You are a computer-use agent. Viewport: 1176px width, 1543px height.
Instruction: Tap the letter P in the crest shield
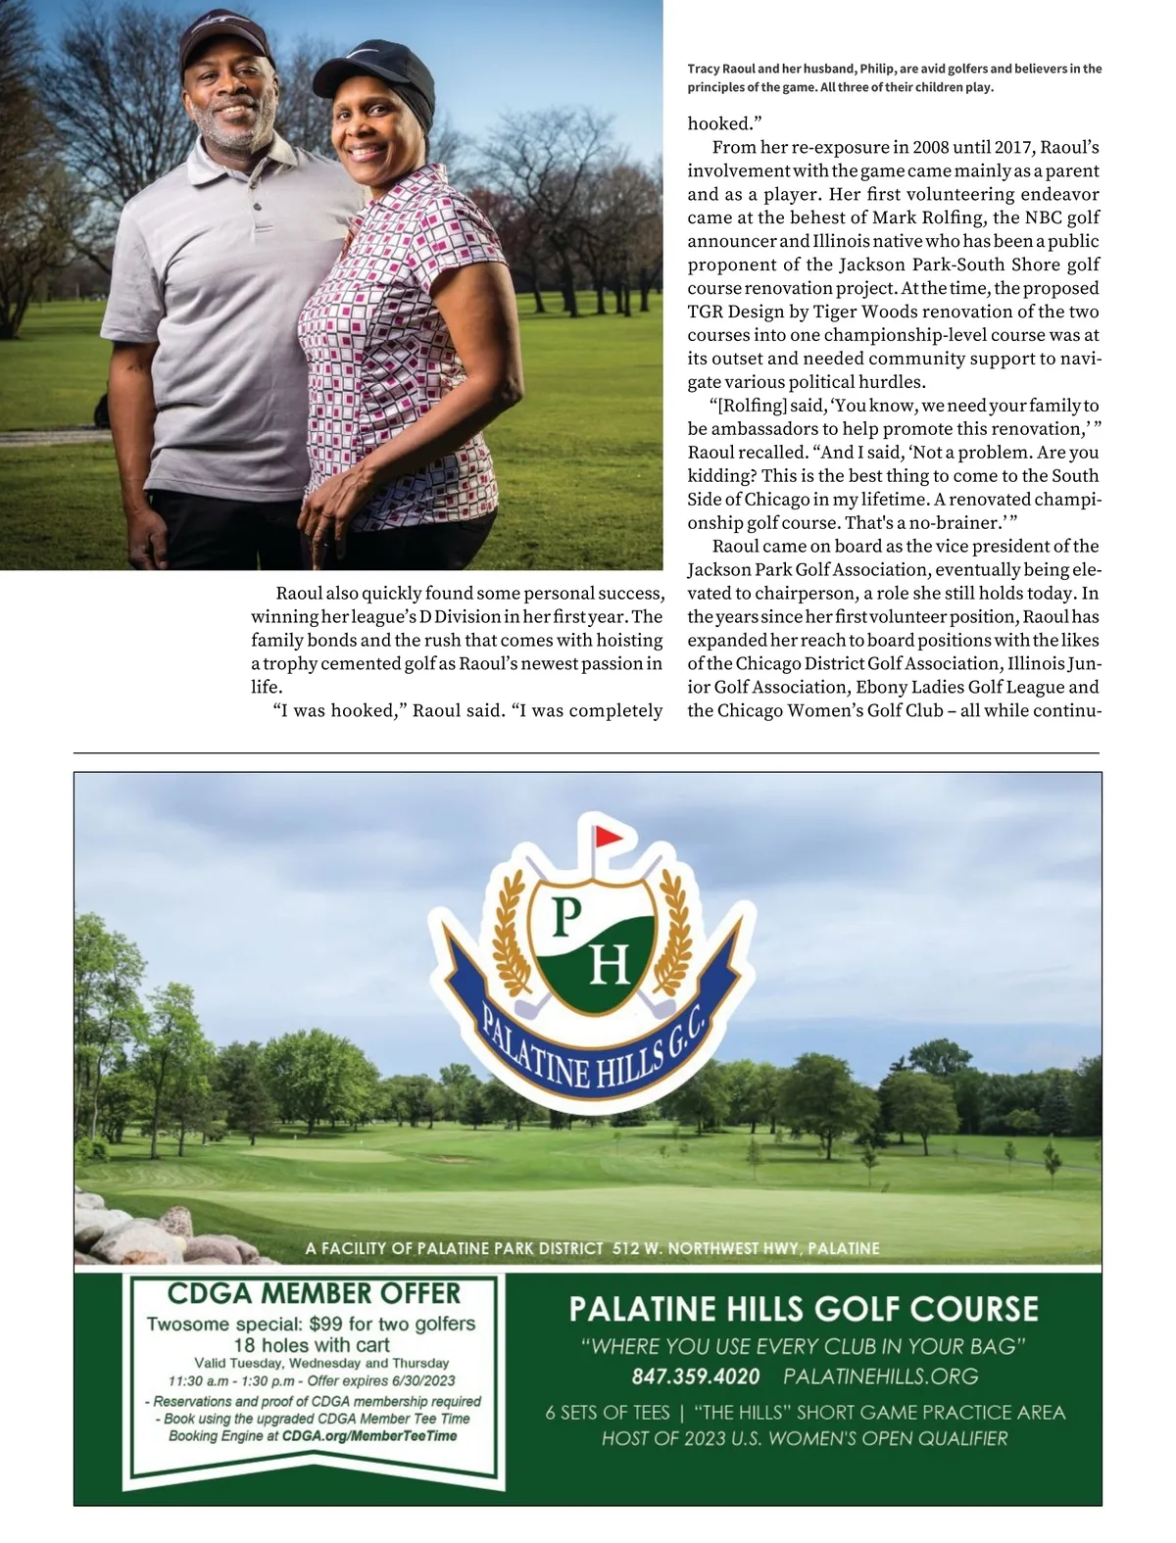pos(568,918)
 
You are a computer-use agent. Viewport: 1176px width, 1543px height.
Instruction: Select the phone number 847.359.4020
pos(696,1376)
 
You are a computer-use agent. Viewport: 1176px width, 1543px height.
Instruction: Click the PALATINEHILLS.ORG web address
pos(880,1376)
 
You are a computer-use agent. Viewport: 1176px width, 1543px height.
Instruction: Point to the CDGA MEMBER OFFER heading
pos(314,1293)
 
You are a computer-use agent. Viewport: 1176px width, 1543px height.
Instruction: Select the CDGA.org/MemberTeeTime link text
pos(369,1435)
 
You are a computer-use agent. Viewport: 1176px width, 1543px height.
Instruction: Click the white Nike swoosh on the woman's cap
pos(361,52)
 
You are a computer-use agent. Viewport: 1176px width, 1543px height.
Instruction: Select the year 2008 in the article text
pos(932,148)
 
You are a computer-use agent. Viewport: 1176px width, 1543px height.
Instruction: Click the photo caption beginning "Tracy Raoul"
pos(894,78)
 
